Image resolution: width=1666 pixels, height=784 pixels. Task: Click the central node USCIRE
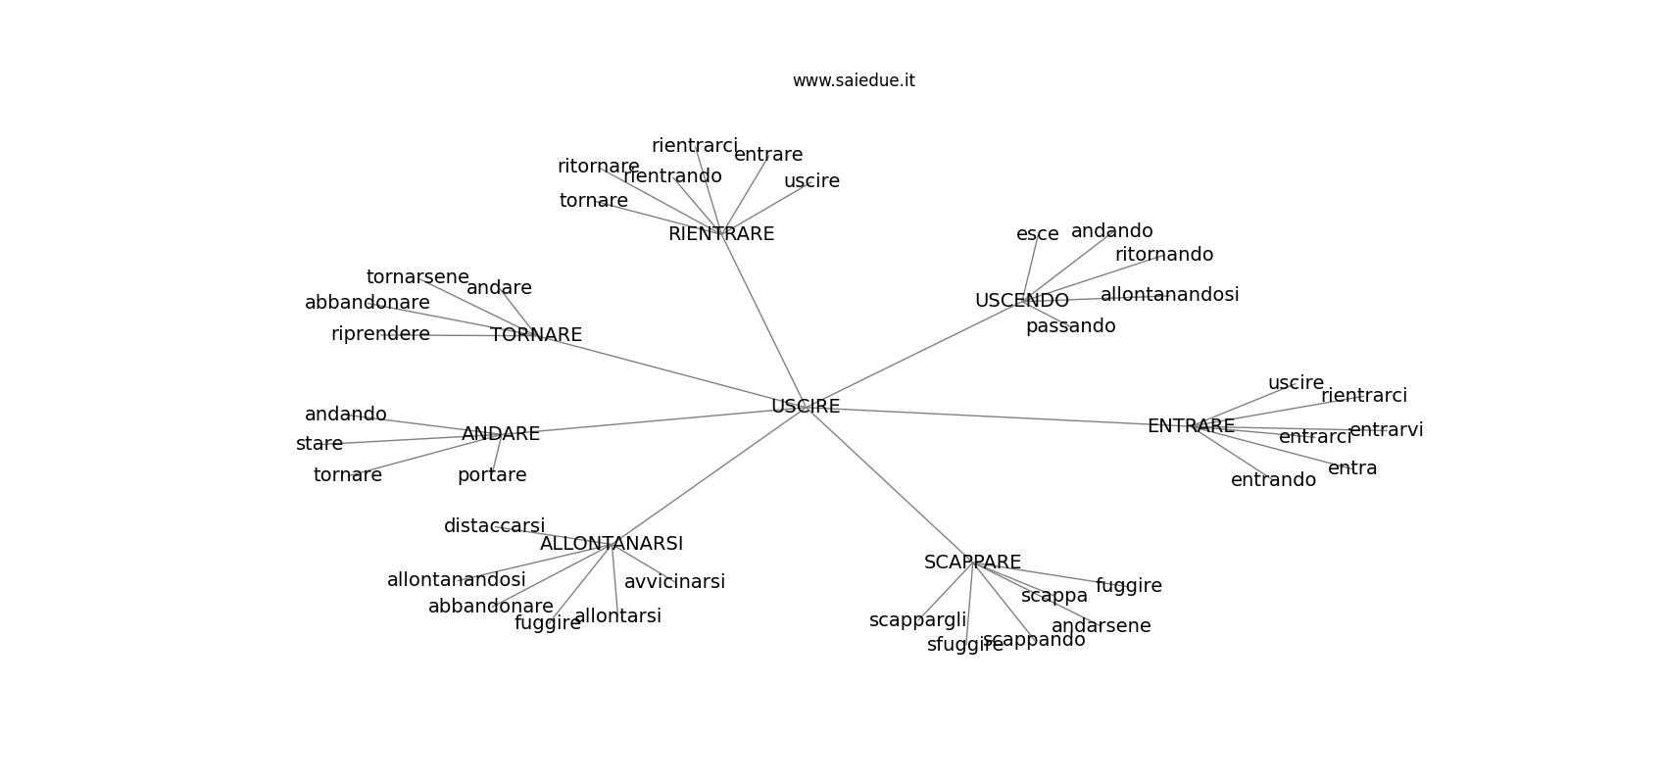coord(806,407)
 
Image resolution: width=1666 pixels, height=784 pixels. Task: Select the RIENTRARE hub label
coord(721,234)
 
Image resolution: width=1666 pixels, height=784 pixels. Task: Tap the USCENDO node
coord(1021,301)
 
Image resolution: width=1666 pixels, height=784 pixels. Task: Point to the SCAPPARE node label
coord(972,563)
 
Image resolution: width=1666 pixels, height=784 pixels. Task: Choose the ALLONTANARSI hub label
coord(612,544)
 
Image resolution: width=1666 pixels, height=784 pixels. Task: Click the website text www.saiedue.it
coord(854,80)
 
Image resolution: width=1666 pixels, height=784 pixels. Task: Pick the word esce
coord(1037,234)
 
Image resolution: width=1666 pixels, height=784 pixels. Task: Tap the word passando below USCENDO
coord(1070,326)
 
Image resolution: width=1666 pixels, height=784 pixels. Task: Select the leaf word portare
coord(492,475)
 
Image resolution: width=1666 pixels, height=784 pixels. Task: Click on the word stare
coord(319,444)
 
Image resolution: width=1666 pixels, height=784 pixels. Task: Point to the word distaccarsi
coord(494,526)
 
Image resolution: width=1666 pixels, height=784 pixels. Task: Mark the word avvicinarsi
coord(674,582)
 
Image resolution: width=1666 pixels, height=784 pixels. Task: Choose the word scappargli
coord(917,620)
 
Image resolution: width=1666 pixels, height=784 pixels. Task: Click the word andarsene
coord(1101,626)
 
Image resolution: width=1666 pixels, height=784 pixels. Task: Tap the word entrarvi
coord(1386,430)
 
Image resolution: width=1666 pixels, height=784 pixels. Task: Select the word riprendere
coord(380,334)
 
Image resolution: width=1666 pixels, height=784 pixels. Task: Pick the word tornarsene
coord(417,277)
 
